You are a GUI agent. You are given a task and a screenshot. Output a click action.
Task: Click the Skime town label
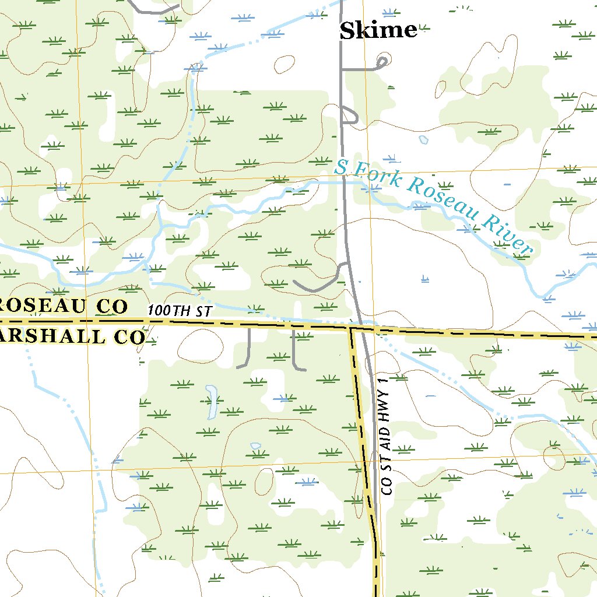(x=378, y=30)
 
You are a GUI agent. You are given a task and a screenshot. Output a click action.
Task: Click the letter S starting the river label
(x=341, y=168)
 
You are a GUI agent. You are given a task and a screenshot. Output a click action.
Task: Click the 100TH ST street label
(x=178, y=311)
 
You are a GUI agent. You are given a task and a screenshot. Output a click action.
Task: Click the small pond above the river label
(x=424, y=140)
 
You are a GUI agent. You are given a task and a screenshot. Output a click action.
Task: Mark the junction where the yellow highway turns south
(x=352, y=328)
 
